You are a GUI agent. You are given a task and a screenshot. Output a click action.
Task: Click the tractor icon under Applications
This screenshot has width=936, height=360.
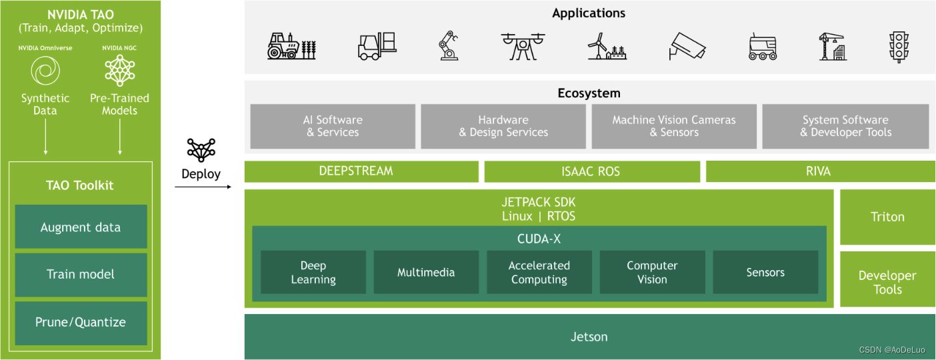point(291,47)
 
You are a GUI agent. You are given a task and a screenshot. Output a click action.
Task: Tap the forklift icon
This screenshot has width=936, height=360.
point(377,47)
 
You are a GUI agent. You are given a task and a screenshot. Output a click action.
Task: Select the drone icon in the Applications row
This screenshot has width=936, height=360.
point(523,47)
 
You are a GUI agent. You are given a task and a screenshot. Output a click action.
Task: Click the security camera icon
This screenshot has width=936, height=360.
point(687,47)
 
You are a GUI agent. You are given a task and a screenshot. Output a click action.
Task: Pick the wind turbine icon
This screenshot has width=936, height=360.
point(606,47)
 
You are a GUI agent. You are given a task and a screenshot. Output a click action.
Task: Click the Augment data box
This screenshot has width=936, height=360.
point(81,227)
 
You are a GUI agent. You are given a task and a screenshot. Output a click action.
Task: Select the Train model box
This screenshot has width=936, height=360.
point(81,274)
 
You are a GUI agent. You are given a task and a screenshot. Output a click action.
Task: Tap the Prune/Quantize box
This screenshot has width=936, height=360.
point(81,322)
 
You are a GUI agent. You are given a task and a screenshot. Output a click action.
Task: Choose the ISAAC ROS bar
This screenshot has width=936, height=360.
point(591,171)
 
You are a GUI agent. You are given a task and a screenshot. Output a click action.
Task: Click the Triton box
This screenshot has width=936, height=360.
point(887,217)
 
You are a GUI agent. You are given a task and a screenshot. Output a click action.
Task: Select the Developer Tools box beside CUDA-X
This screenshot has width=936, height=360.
point(887,282)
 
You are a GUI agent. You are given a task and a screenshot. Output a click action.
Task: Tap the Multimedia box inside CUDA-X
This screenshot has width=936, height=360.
point(426,272)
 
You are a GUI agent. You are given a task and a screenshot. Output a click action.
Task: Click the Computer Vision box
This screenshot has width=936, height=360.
point(652,272)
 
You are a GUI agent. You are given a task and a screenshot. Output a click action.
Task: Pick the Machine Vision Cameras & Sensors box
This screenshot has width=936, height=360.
point(674,126)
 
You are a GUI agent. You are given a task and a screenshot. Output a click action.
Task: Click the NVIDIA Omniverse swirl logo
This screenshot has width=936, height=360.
point(45,70)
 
